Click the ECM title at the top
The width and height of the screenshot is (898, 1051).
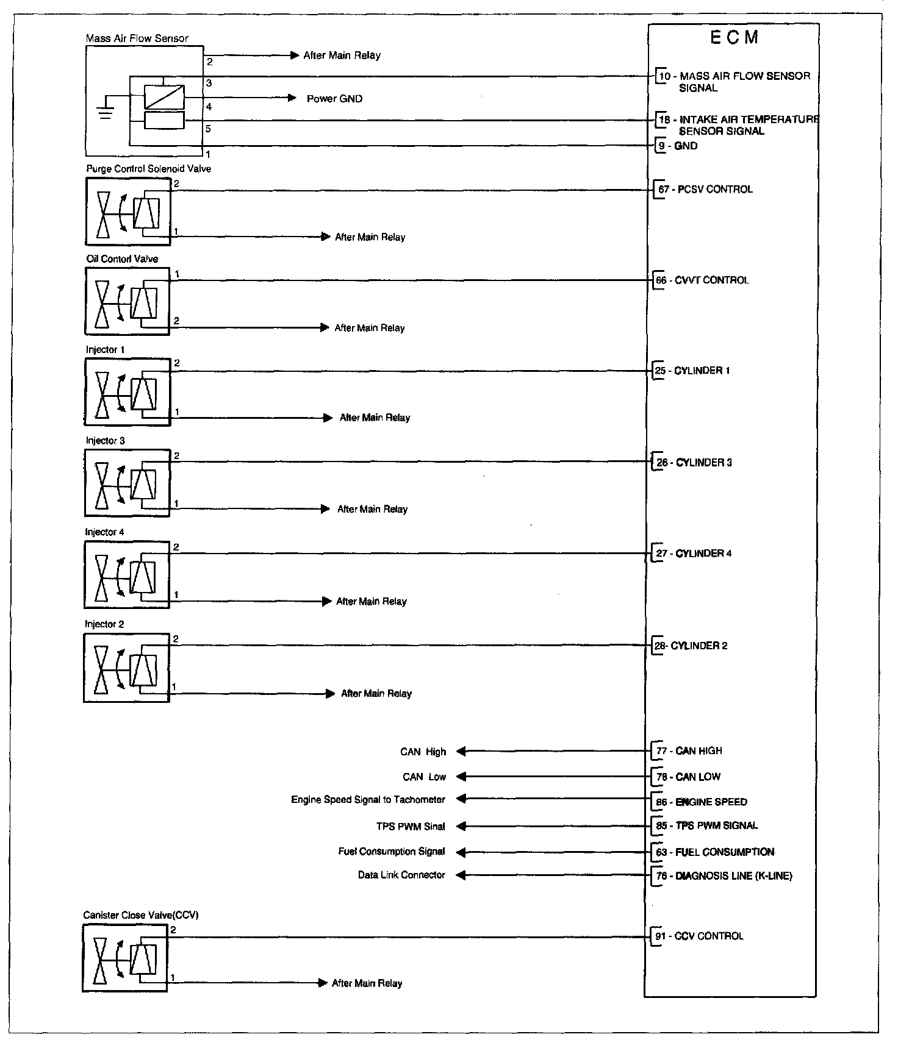[x=735, y=38]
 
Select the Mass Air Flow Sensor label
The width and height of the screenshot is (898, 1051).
[x=137, y=38]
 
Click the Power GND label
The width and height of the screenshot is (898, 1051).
[x=334, y=99]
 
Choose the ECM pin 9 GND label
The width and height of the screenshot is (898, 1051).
[x=678, y=146]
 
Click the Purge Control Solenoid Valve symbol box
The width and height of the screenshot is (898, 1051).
[x=128, y=211]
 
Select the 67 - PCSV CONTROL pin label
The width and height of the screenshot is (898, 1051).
[x=705, y=190]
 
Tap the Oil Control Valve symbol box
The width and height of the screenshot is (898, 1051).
[x=127, y=301]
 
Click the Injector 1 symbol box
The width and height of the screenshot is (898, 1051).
[x=128, y=391]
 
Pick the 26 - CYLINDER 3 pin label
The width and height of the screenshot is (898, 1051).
[x=695, y=463]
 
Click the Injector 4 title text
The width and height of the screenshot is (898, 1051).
[x=104, y=532]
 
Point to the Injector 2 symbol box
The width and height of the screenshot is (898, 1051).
[x=126, y=668]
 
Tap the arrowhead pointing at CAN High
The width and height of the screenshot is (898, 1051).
[x=461, y=752]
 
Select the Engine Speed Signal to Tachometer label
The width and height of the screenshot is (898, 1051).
[x=368, y=800]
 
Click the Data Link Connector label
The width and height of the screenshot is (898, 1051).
[x=401, y=875]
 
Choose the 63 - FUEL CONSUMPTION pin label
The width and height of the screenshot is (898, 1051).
[x=715, y=852]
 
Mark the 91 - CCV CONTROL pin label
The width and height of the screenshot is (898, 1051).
[x=700, y=936]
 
